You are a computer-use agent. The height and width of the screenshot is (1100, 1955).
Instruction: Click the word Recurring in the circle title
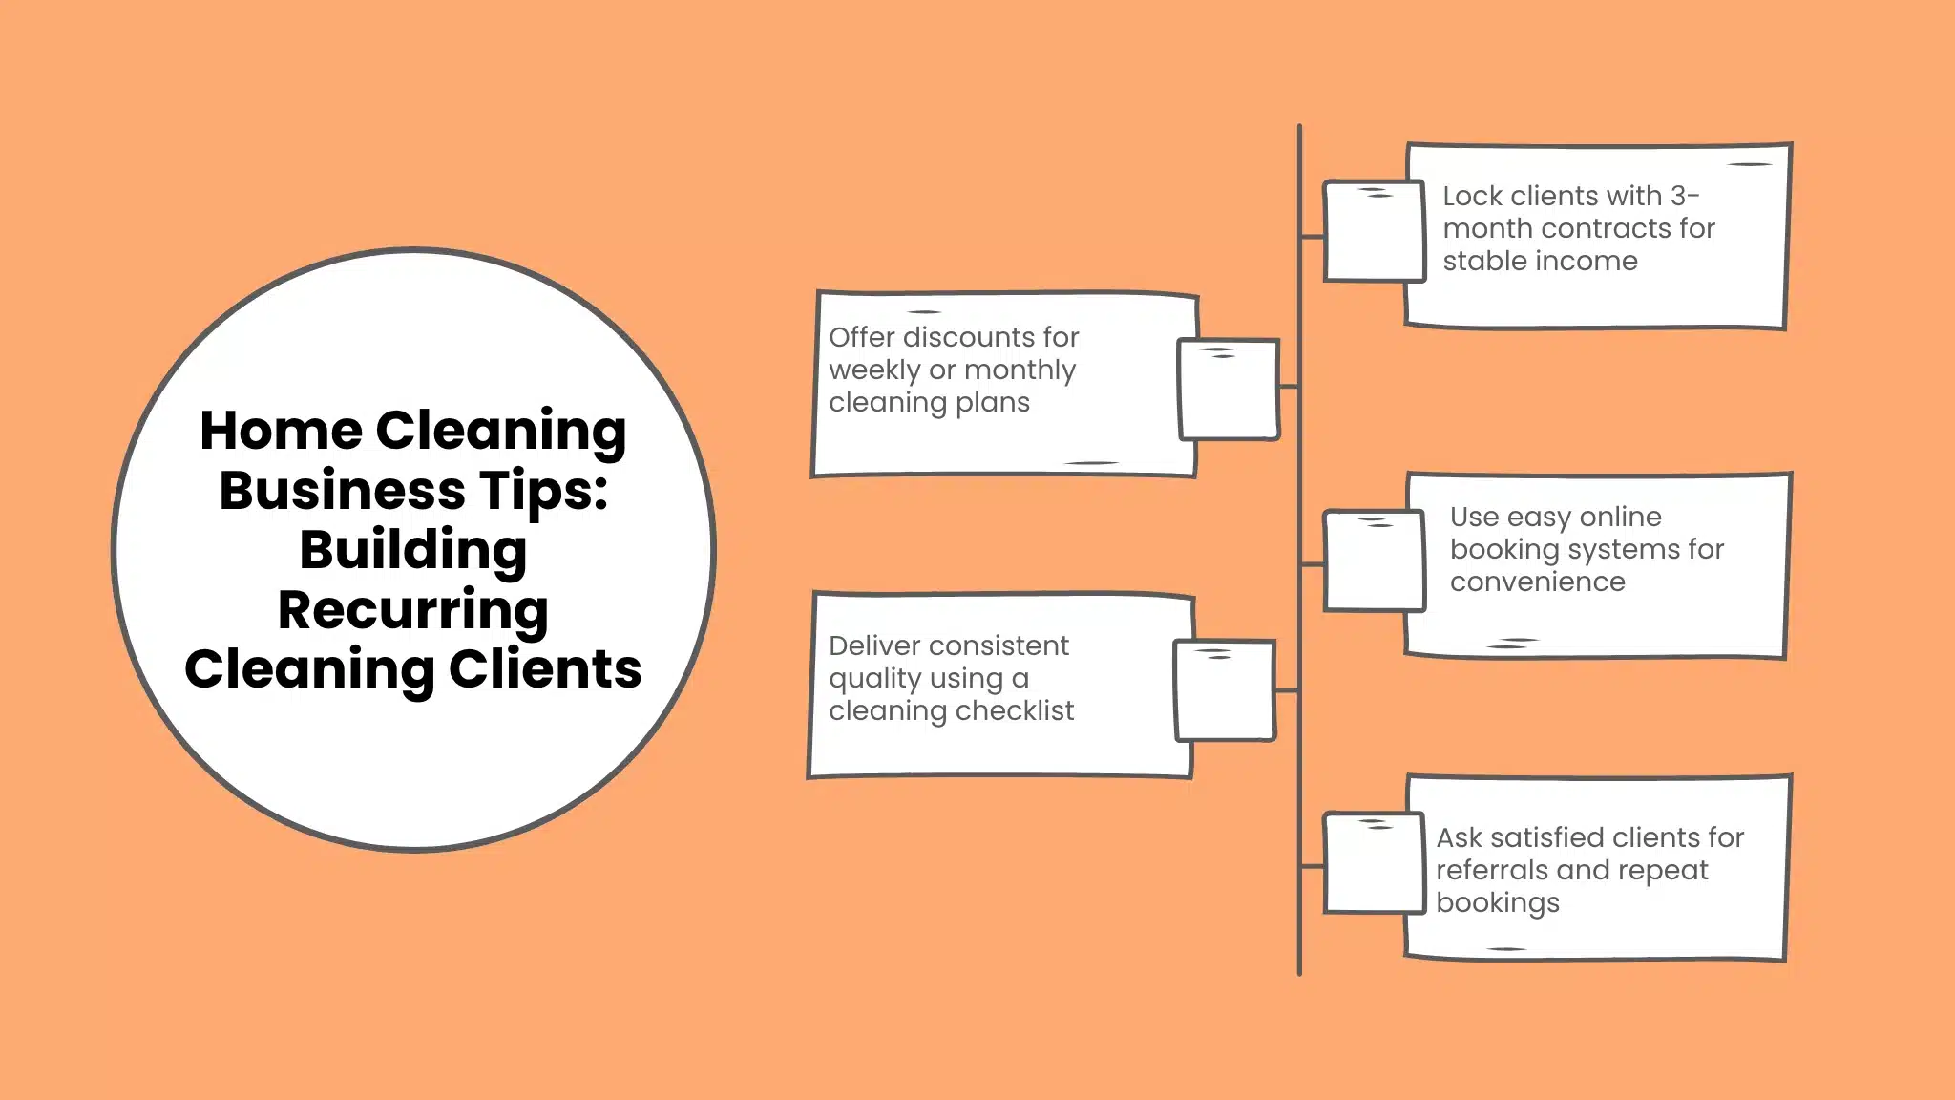click(412, 611)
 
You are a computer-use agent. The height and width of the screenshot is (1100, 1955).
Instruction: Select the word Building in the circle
click(412, 551)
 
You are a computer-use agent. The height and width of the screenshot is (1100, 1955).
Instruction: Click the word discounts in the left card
click(968, 337)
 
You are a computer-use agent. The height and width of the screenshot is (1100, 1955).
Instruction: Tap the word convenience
click(1537, 582)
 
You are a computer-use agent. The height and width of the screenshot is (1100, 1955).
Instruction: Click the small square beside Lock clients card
click(1373, 231)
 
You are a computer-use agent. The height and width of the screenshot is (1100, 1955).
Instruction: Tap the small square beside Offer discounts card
click(1229, 390)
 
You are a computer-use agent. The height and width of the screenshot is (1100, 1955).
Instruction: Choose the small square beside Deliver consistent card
click(1225, 691)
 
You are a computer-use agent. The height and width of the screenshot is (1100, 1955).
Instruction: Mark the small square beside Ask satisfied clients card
click(1373, 863)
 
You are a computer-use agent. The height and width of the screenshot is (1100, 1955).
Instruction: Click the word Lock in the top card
click(1472, 196)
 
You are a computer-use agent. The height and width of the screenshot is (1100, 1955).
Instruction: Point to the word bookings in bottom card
click(1497, 903)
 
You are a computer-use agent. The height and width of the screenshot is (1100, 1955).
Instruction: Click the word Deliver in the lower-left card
click(874, 645)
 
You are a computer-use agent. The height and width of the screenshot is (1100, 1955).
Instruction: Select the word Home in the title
click(281, 431)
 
